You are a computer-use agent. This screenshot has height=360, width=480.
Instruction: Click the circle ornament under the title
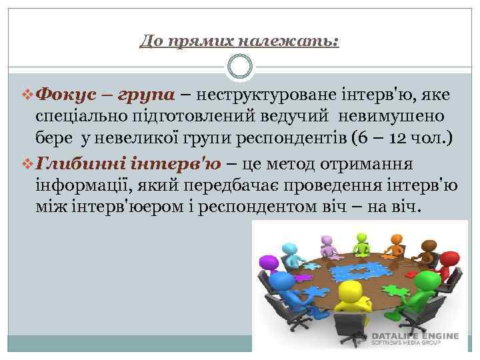coord(239,67)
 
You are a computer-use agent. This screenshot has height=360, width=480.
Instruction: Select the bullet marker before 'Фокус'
coord(26,95)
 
